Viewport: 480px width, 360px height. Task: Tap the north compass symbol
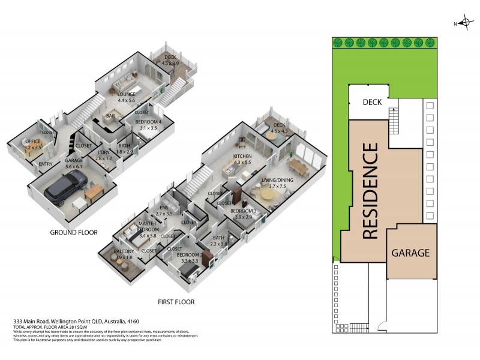pos(462,23)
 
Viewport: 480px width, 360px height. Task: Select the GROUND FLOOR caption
pos(73,232)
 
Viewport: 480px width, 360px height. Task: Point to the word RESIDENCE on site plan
pos(370,190)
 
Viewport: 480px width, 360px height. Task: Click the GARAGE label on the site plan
pos(410,253)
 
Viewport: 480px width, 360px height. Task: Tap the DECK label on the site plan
pos(376,103)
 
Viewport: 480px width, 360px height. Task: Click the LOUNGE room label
pos(126,95)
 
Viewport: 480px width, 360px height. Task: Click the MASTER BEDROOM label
pos(147,227)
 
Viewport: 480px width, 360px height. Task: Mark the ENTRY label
pos(46,164)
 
